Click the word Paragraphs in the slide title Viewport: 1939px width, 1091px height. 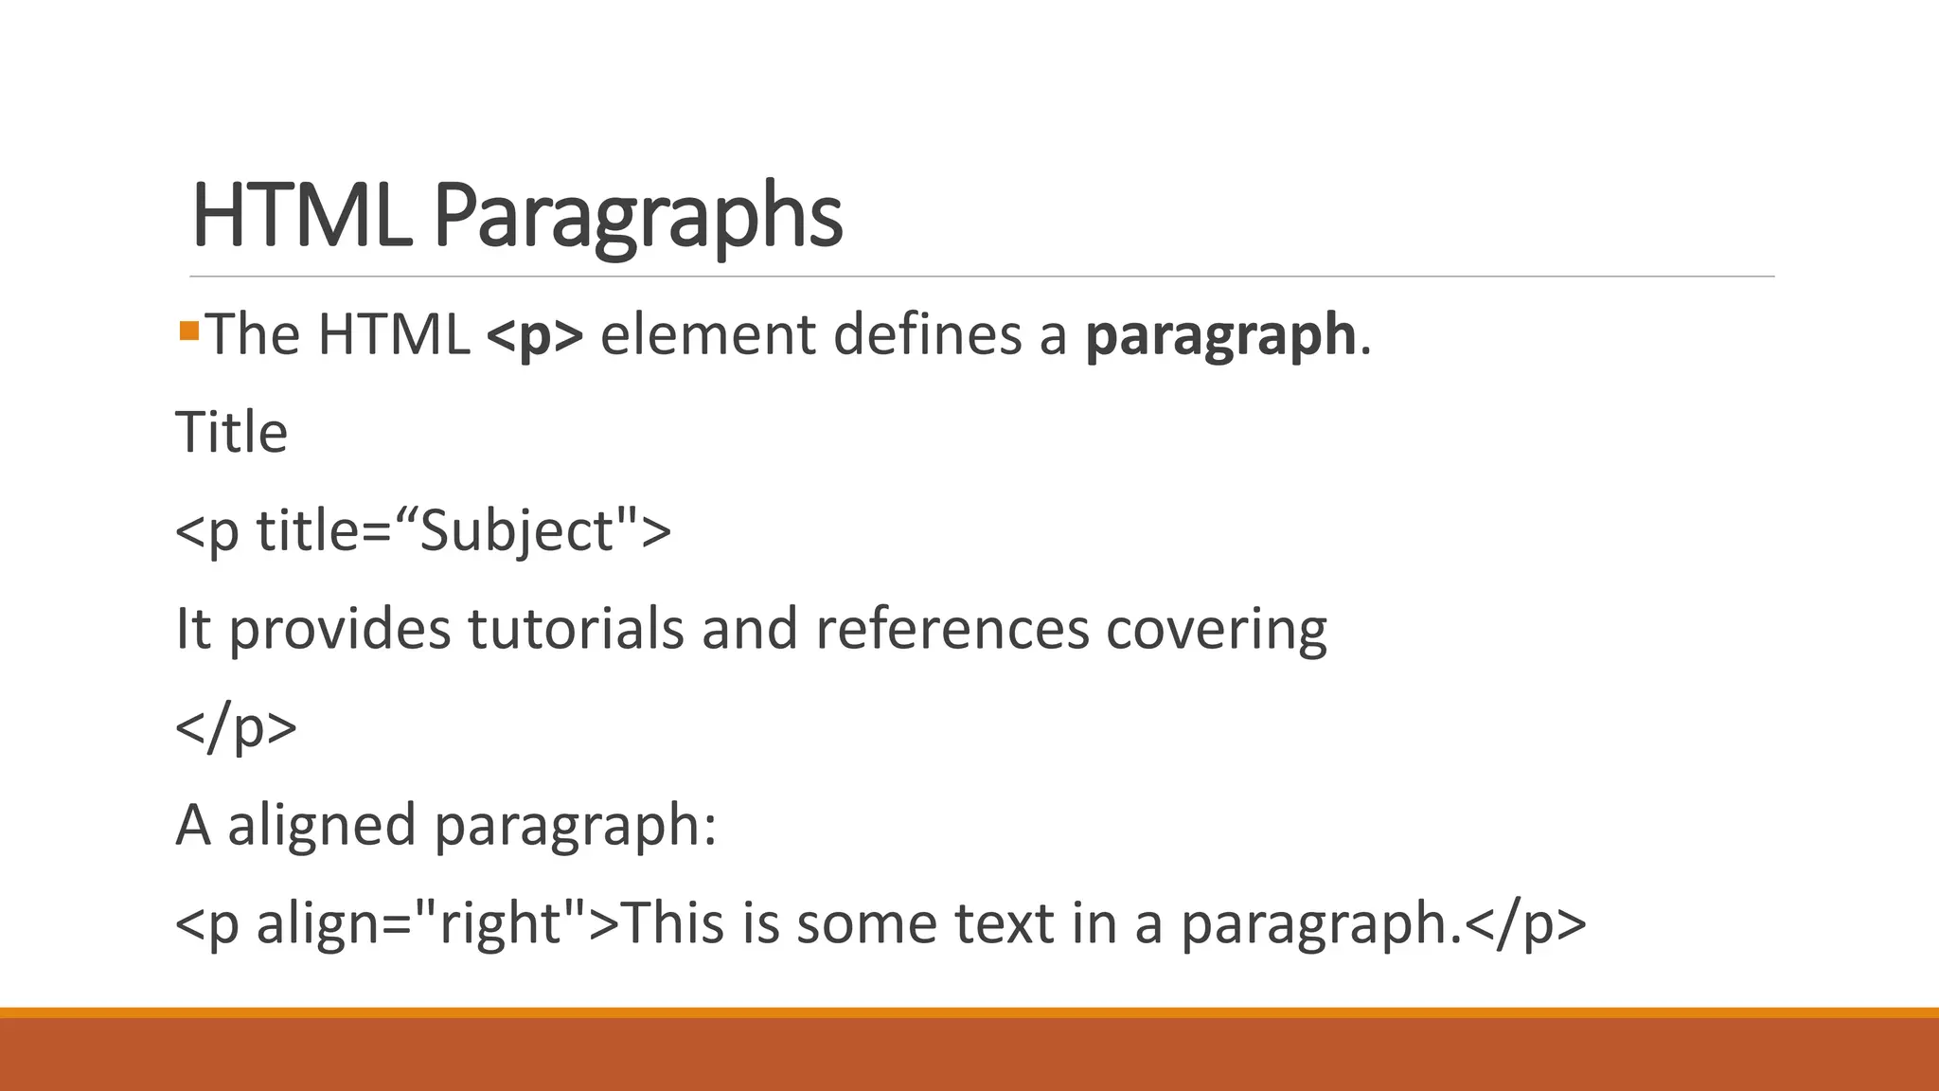point(637,216)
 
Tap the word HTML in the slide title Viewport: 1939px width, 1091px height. point(302,216)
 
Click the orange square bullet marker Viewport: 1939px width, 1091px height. point(188,331)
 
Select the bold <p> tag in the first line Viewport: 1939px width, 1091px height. point(535,335)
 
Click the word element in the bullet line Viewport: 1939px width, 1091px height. point(708,335)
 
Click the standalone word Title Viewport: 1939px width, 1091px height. point(232,433)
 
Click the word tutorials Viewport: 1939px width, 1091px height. point(576,629)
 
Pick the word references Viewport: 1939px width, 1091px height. point(952,629)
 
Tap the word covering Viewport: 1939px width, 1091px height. point(1217,631)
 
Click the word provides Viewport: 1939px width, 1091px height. point(340,631)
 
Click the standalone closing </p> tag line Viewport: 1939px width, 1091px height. point(237,727)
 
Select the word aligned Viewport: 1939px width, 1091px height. point(321,826)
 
